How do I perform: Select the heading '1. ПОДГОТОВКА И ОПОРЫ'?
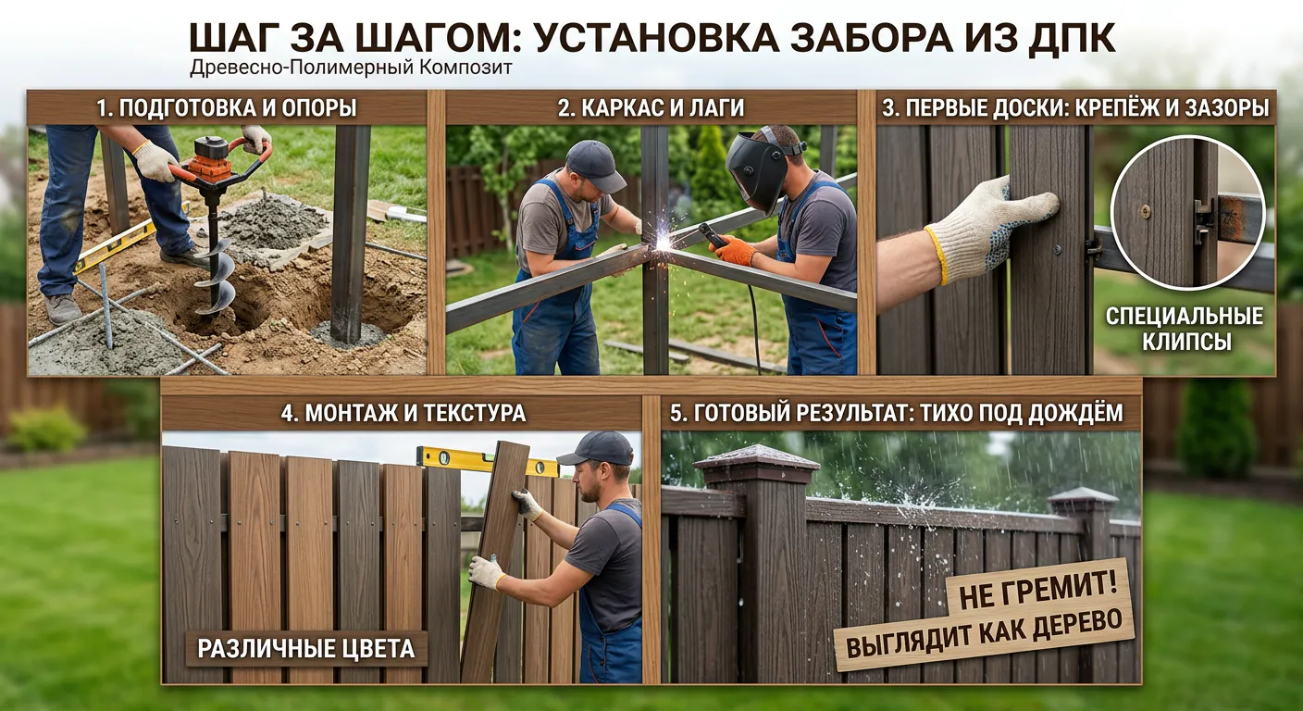coord(227,108)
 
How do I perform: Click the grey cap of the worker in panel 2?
coord(592,165)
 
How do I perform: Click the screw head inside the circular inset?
coord(1146,211)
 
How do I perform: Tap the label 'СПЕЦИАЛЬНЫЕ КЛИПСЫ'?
coord(1185,329)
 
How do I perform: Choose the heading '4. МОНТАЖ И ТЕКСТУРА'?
coord(403,413)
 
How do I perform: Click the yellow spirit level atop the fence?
coord(488,461)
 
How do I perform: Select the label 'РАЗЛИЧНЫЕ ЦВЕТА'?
coord(306,649)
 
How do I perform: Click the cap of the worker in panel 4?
coord(596,449)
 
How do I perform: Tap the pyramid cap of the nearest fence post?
coord(756,456)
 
